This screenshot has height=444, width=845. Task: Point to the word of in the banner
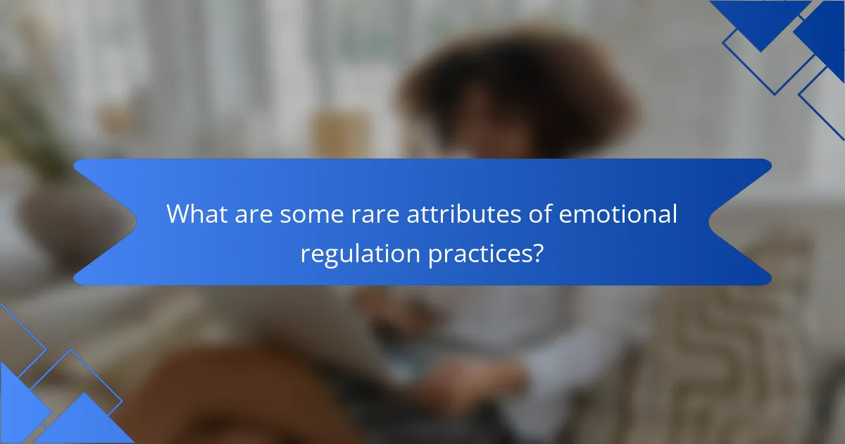coord(539,214)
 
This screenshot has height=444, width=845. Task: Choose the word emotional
coord(618,214)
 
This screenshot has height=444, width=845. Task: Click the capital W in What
coord(178,214)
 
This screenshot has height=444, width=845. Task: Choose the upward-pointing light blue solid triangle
coord(84,423)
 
